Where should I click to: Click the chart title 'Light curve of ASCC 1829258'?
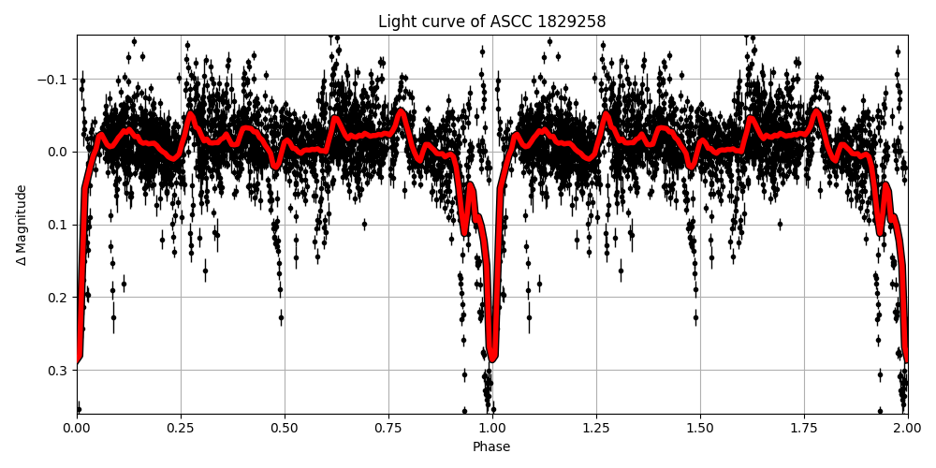[x=491, y=22]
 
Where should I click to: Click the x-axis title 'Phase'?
[x=491, y=447]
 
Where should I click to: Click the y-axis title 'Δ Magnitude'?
[x=22, y=225]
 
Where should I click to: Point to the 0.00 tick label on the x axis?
[x=77, y=428]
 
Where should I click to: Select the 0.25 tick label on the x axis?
[x=181, y=428]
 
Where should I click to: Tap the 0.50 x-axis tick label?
[x=285, y=428]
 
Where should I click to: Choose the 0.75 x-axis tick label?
[x=388, y=428]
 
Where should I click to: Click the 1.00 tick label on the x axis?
[x=492, y=428]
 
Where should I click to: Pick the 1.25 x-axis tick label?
[x=596, y=428]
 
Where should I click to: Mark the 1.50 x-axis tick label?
[x=700, y=428]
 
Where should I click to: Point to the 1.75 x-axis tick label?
[x=804, y=428]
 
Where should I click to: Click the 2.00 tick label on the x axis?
[x=907, y=428]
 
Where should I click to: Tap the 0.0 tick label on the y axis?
[x=58, y=152]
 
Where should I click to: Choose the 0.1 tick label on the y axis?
[x=58, y=225]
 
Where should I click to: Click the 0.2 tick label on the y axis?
[x=58, y=298]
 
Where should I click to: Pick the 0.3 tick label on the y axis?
[x=58, y=371]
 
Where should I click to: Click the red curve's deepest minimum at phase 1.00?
[x=492, y=358]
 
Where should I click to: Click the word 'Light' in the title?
[x=396, y=22]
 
